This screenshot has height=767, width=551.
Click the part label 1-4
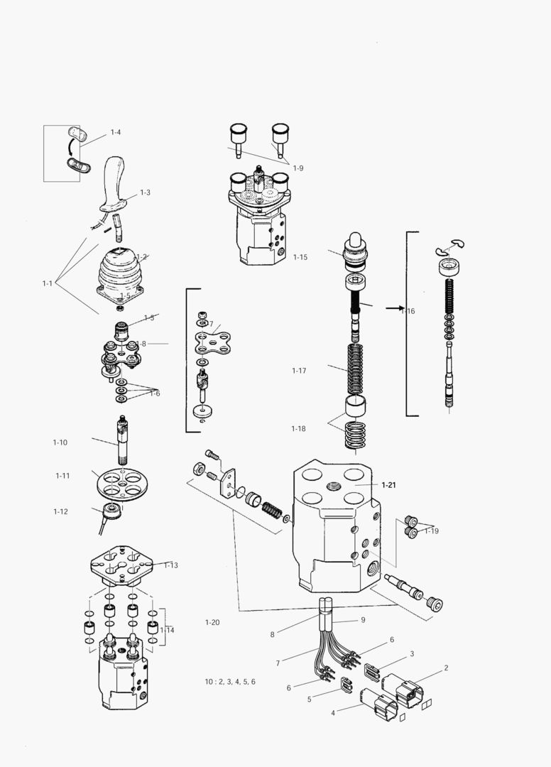(x=115, y=133)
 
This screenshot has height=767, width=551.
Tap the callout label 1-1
(x=47, y=283)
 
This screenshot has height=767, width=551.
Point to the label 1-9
(x=298, y=168)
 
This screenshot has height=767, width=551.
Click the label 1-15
(x=300, y=257)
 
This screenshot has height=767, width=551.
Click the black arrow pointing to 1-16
(x=393, y=309)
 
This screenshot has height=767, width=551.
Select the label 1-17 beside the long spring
(x=299, y=371)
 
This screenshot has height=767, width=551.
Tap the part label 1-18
(x=298, y=428)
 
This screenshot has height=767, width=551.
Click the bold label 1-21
(x=388, y=485)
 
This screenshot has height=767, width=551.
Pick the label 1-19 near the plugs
(x=432, y=531)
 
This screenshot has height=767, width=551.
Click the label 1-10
(x=60, y=442)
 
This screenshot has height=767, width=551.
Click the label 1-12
(x=60, y=511)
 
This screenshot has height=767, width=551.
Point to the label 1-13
(x=170, y=565)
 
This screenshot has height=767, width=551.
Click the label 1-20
(x=212, y=623)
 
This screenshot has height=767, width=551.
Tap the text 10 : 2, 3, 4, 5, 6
(x=230, y=681)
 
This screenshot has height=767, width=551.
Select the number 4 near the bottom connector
(x=332, y=712)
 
